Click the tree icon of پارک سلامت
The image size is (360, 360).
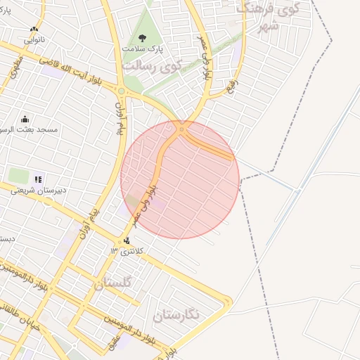click(143, 39)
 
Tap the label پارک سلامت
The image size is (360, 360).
click(141, 51)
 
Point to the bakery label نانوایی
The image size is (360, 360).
click(34, 40)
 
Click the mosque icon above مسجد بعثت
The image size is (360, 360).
click(25, 119)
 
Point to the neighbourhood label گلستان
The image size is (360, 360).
click(112, 284)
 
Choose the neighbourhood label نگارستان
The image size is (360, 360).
click(175, 315)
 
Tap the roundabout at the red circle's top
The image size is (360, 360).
click(181, 129)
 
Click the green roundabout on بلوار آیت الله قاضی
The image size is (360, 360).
click(122, 91)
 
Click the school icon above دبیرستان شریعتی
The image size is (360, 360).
click(38, 179)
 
